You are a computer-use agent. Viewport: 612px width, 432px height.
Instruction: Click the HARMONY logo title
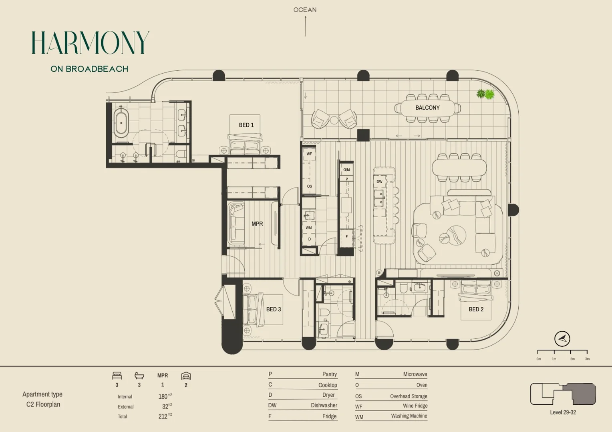[90, 43]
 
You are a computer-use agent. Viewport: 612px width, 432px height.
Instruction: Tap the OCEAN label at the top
[305, 10]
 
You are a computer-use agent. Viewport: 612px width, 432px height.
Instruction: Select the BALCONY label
[427, 108]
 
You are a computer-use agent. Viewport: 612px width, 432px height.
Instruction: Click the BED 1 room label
[246, 125]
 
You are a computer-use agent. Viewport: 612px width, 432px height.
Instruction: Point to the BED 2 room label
[476, 309]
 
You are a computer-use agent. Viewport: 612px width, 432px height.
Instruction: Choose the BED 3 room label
[274, 309]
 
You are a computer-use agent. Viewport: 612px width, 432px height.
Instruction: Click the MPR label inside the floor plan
[257, 224]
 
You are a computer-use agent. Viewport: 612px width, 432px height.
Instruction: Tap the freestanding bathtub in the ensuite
[121, 123]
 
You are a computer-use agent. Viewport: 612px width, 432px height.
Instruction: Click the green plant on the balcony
[485, 94]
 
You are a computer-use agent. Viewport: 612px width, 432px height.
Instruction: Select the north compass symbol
[562, 339]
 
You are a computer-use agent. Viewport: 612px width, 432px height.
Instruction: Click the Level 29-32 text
[563, 412]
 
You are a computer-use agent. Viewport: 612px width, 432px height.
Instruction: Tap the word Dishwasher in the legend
[324, 405]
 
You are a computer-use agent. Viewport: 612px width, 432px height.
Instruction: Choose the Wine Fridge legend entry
[415, 406]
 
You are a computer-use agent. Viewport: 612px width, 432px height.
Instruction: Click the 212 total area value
[163, 416]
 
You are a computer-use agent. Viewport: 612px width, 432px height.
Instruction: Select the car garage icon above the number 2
[186, 376]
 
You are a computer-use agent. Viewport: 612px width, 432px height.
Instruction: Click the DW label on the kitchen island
[379, 182]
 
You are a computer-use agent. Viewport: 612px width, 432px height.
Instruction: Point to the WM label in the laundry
[309, 228]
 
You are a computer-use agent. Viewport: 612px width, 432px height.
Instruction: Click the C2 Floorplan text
[43, 404]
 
